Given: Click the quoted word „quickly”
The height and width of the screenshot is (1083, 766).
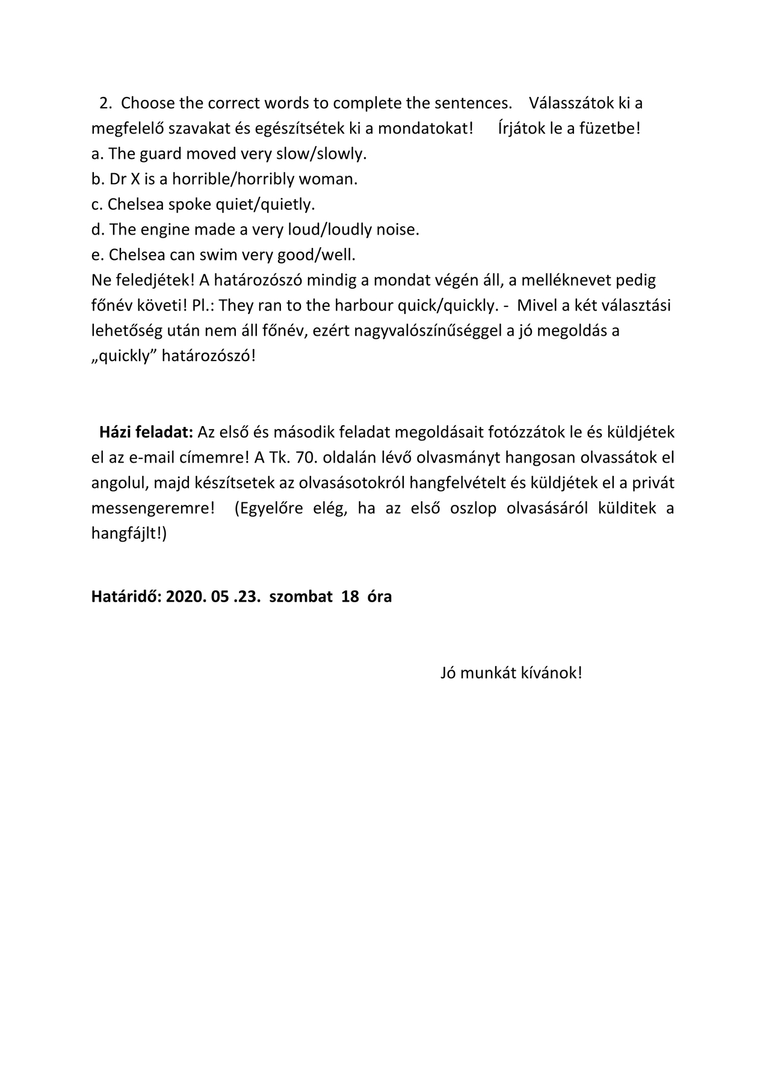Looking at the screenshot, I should tap(124, 356).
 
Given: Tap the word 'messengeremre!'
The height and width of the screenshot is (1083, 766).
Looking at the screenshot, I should tap(153, 508).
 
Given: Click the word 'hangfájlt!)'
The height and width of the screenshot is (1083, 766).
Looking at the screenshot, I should tap(129, 534).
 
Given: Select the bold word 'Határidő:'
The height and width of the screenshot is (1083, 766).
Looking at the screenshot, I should tap(125, 597).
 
